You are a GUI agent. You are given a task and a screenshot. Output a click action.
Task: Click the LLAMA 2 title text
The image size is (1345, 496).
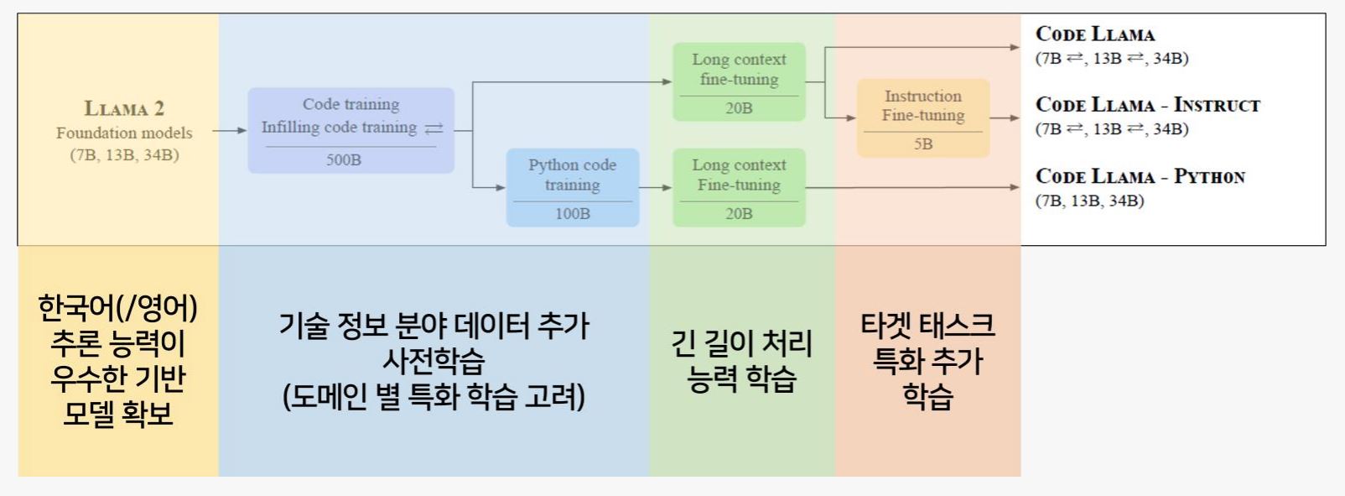(124, 109)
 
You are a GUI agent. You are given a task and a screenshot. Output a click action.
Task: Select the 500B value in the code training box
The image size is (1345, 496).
(344, 160)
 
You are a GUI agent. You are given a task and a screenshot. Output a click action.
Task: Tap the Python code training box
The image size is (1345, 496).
(572, 188)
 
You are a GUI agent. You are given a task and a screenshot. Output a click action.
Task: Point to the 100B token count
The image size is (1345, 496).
(572, 213)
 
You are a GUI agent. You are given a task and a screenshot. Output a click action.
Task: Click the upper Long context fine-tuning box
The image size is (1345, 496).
(739, 81)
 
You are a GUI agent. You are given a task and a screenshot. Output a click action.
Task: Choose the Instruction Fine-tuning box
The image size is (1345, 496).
(923, 117)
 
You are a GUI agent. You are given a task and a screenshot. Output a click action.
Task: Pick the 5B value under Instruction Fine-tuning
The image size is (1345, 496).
(923, 144)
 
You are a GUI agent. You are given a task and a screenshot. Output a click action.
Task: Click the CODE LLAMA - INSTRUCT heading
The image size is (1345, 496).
(1147, 105)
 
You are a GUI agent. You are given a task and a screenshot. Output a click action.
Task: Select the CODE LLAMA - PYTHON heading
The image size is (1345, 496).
(1140, 176)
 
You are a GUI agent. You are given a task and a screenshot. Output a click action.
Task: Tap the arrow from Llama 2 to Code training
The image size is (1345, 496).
(230, 130)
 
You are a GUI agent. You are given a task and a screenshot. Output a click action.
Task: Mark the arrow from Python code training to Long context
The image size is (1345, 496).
(656, 188)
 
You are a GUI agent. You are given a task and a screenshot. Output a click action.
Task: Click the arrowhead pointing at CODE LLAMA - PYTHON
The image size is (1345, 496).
(1015, 188)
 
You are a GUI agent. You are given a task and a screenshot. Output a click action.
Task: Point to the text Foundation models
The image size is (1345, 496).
(124, 133)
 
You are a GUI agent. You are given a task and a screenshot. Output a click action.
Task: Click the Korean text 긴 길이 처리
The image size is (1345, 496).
(741, 343)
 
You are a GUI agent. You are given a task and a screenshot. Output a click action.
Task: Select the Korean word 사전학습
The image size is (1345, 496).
(434, 361)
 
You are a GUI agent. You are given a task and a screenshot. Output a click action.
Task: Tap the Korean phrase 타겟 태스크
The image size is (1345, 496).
(927, 326)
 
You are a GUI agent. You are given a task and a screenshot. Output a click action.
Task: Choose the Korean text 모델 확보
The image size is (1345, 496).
(118, 413)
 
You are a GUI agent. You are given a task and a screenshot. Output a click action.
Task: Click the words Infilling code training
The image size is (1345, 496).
(340, 128)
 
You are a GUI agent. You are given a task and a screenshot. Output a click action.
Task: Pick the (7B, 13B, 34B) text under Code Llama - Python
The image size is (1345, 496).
(1090, 201)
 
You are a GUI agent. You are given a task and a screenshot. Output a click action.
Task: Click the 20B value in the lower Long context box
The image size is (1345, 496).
(739, 213)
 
